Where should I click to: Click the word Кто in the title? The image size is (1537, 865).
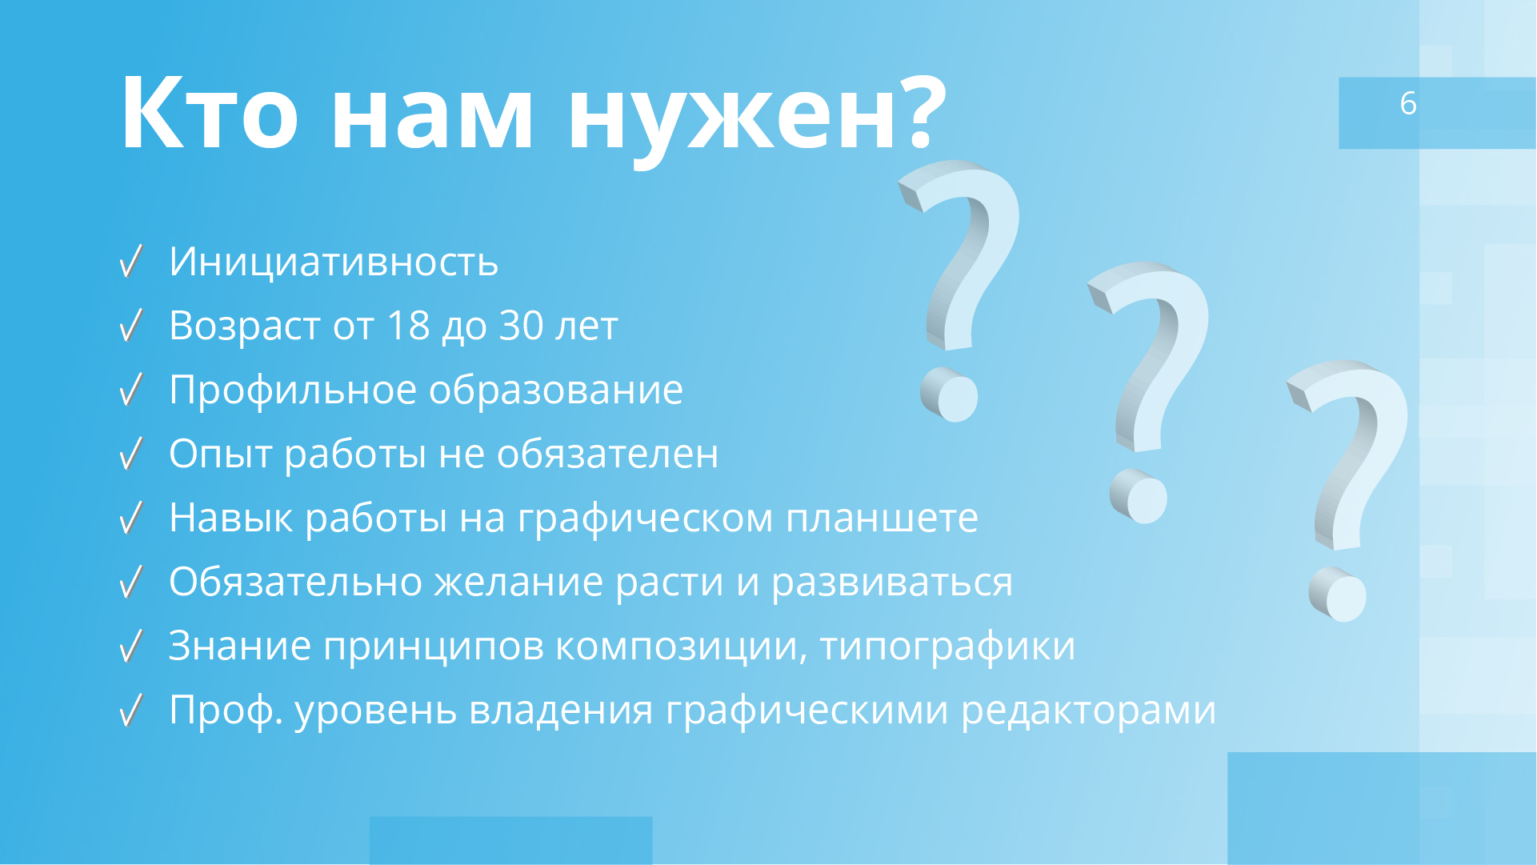tap(210, 113)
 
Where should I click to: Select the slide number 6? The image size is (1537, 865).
tap(1408, 103)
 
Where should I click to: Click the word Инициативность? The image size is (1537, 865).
tap(334, 262)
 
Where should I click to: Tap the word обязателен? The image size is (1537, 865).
tap(607, 454)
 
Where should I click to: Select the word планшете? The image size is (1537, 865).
tap(881, 518)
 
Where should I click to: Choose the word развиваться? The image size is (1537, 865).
tap(891, 583)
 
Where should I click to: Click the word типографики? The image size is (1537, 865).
tap(947, 647)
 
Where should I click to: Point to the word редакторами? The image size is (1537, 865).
tap(1087, 710)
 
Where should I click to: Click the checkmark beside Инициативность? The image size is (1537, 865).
tap(130, 262)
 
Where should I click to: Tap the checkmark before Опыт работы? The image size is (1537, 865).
tap(130, 454)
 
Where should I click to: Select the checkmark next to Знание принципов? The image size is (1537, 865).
tap(130, 646)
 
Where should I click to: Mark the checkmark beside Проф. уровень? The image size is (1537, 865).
tap(130, 710)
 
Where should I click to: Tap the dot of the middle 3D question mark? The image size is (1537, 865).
tap(1139, 497)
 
